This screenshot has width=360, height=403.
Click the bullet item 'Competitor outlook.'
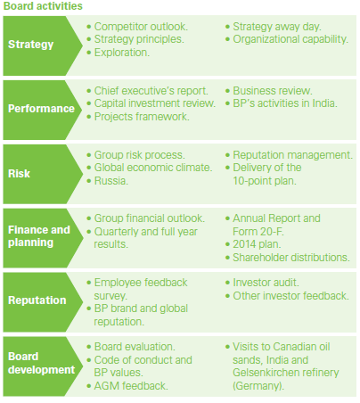(x=143, y=28)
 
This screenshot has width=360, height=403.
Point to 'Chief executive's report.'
(x=151, y=90)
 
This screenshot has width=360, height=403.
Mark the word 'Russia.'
(x=114, y=179)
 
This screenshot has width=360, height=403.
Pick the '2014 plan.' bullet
(x=260, y=243)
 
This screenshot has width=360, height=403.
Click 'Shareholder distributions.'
(x=290, y=257)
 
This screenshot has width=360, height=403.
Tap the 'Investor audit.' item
(x=274, y=282)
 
